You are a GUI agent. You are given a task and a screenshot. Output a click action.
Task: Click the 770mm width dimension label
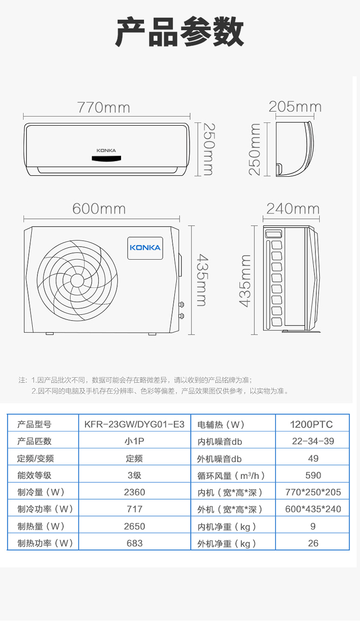(104, 108)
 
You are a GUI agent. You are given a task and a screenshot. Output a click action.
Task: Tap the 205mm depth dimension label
(295, 107)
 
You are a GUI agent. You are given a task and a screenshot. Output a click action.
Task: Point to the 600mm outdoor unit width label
(99, 209)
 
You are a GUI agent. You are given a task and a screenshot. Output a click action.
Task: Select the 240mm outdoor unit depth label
(293, 209)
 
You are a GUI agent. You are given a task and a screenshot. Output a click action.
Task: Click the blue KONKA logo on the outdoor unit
(145, 248)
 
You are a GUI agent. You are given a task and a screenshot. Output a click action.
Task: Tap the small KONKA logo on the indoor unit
(106, 151)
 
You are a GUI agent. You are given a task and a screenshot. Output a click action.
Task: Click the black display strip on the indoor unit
(107, 158)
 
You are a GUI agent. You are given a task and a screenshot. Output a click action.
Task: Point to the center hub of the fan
(77, 280)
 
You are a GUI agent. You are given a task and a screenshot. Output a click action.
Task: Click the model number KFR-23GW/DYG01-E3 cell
(134, 424)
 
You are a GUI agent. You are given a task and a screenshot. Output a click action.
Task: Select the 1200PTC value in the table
(311, 424)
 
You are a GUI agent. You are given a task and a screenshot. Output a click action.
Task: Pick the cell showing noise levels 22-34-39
(313, 441)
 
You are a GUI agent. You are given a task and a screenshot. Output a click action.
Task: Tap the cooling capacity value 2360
(134, 492)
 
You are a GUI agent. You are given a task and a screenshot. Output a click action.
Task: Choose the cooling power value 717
(134, 509)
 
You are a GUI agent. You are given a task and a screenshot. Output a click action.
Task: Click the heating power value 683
(134, 543)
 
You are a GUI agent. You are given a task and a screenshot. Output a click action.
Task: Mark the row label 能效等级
(35, 475)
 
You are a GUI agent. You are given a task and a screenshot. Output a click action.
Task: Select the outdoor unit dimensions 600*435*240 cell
(313, 509)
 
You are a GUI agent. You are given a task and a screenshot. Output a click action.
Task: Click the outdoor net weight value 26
(313, 543)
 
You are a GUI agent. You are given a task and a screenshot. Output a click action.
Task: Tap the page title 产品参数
(180, 32)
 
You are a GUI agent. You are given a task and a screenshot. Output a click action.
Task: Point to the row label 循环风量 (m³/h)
(231, 476)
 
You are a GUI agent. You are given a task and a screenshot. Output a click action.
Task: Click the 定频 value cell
(134, 458)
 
